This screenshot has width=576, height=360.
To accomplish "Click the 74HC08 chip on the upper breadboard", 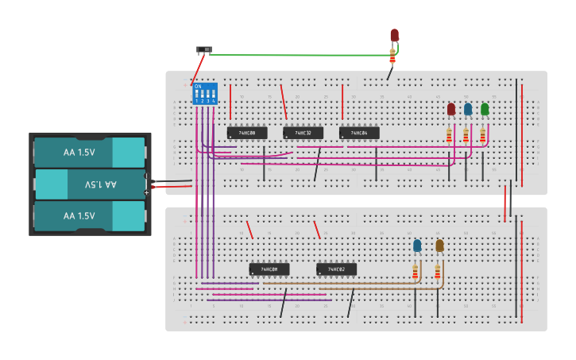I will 246,133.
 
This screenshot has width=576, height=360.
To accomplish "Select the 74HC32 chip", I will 303,133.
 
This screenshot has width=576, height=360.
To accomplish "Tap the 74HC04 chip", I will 359,133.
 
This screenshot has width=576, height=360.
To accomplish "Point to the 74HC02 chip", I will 336,269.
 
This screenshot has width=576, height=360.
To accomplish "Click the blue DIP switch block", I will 204,93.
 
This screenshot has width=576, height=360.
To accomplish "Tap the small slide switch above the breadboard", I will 204,50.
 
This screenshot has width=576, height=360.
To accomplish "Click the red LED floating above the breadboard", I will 394,35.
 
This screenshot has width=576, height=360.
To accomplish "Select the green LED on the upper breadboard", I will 485,109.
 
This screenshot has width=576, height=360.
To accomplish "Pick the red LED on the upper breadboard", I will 451,109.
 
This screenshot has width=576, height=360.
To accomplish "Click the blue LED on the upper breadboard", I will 468,109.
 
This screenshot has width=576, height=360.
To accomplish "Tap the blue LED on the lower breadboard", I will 417,246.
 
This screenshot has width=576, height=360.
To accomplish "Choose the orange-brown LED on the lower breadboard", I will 439,246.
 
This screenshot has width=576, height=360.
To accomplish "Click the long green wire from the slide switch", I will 302,55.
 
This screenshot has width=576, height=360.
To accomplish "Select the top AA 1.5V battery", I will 89,153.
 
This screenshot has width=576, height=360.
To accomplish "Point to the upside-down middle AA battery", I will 89,184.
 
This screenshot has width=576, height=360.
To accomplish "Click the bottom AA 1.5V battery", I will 89,216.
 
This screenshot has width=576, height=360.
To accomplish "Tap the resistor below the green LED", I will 482,135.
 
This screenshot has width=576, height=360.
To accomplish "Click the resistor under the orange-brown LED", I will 437,273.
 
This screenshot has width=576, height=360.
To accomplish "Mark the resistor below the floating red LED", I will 392,56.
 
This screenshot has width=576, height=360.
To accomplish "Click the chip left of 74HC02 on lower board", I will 269,269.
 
